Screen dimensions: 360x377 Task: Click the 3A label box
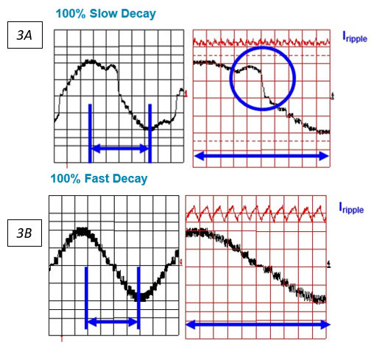(24, 35)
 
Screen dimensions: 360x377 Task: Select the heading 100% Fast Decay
(99, 178)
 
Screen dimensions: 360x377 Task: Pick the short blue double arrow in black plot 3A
(120, 149)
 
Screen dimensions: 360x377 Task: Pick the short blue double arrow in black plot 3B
(113, 322)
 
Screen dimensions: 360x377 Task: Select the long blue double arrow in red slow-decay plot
(261, 155)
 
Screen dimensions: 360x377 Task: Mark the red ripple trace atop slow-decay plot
(261, 43)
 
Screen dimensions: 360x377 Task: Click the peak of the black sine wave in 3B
(82, 233)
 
